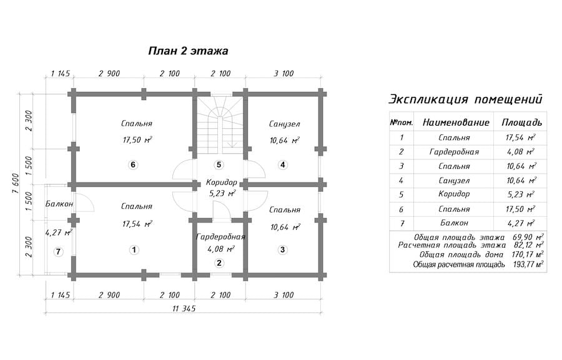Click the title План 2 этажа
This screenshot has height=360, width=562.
[188, 51]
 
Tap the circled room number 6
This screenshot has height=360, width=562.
[133, 165]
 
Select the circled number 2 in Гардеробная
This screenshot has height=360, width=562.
[219, 263]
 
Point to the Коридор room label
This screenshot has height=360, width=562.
[222, 182]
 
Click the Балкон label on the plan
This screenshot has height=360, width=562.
[59, 204]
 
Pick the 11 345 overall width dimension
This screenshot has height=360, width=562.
[184, 308]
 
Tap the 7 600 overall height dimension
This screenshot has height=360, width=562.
[16, 184]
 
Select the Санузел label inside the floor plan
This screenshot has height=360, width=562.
[284, 124]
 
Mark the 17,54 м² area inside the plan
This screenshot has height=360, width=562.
[137, 224]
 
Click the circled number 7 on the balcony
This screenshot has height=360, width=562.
[58, 252]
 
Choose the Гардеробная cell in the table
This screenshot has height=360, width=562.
[454, 152]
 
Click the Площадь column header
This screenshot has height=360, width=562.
[521, 122]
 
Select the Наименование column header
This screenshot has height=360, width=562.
[456, 122]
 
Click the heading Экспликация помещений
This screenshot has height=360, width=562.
[466, 99]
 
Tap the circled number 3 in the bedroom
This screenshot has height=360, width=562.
[282, 249]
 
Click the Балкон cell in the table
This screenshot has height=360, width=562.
[454, 222]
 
